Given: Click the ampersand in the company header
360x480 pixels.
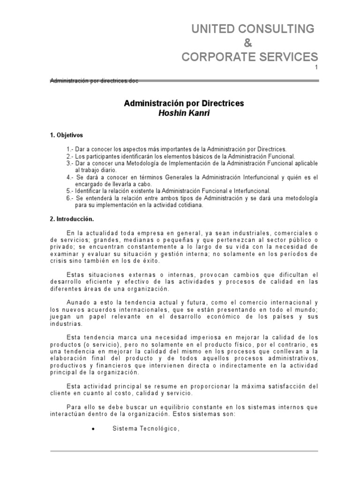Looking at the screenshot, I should click(x=249, y=43).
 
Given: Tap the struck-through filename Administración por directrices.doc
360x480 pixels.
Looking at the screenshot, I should click(x=94, y=81).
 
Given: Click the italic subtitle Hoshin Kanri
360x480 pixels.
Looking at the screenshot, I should click(x=184, y=113).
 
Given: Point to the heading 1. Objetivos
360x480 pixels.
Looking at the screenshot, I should click(x=66, y=135).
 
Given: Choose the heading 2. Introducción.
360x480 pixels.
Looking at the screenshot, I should click(x=72, y=219).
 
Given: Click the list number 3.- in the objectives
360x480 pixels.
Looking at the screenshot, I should click(x=70, y=163).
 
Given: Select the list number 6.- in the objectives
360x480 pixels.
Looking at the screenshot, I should click(x=70, y=198).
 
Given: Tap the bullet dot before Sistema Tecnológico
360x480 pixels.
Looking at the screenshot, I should click(x=95, y=428).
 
